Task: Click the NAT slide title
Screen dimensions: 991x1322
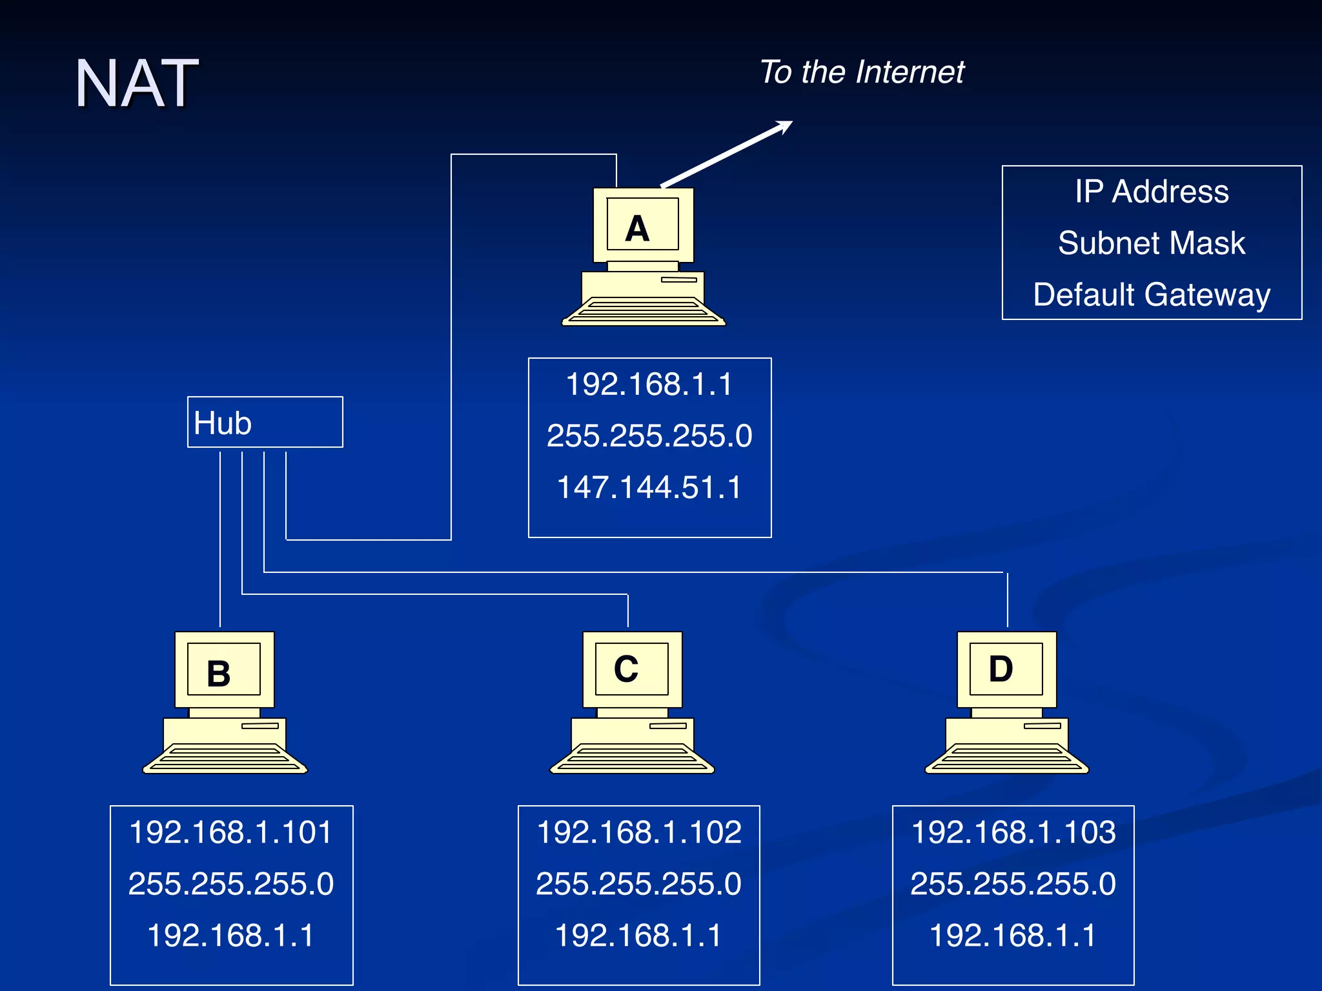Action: point(136,83)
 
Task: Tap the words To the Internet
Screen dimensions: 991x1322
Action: point(861,72)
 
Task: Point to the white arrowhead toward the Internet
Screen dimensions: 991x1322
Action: point(784,126)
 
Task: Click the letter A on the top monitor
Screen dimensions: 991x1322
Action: point(637,229)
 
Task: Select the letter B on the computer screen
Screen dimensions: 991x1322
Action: point(219,674)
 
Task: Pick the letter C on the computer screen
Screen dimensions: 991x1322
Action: point(626,669)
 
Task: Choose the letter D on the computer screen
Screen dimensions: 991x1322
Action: point(1001,669)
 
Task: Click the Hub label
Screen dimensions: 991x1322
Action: point(223,423)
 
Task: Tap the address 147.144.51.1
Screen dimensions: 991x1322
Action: point(649,487)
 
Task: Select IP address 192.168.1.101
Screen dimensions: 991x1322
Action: point(231,832)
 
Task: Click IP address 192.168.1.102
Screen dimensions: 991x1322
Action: point(639,832)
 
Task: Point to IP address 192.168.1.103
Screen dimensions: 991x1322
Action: point(1013,832)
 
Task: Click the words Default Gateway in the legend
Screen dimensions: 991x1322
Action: point(1152,295)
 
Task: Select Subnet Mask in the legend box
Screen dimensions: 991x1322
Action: point(1152,243)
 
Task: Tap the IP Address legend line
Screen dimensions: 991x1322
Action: point(1152,192)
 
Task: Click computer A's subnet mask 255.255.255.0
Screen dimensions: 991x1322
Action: point(649,435)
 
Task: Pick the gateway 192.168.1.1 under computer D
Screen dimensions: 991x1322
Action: point(1013,935)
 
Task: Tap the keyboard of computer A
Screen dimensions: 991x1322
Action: point(644,311)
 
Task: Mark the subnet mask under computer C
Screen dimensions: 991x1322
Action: point(639,883)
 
